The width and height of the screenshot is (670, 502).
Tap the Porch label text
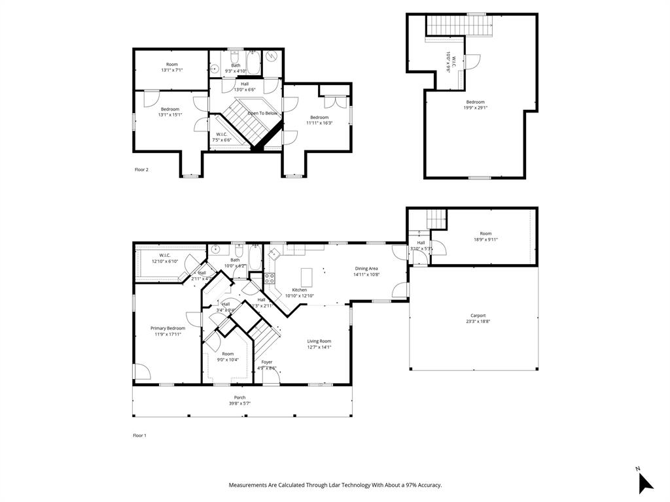239,397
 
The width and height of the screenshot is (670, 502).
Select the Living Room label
319,341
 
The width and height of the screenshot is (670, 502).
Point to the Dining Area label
366,268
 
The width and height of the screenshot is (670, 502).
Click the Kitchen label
299,290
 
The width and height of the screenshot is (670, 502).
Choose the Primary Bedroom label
167,328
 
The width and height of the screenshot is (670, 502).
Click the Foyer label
267,361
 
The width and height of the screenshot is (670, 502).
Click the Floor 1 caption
140,435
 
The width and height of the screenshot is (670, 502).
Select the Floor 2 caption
141,170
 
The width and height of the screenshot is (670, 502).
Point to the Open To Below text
262,113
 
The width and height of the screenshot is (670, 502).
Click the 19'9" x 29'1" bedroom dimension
476,108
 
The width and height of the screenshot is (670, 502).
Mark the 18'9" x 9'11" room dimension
485,239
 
